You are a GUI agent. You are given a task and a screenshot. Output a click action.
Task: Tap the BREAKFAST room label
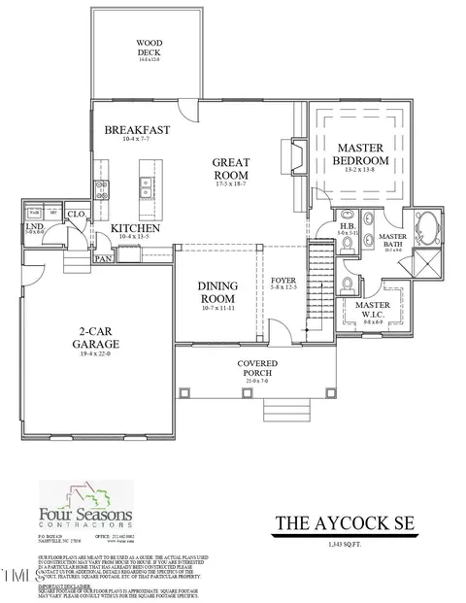(137, 130)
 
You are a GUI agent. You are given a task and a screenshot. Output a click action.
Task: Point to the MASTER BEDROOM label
(360, 153)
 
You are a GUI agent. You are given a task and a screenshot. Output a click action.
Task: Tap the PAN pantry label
(103, 259)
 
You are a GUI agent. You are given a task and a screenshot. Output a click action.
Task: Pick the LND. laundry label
(33, 228)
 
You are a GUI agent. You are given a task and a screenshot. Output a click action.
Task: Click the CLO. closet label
(75, 216)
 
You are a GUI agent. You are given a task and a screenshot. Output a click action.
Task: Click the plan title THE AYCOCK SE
(345, 521)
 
